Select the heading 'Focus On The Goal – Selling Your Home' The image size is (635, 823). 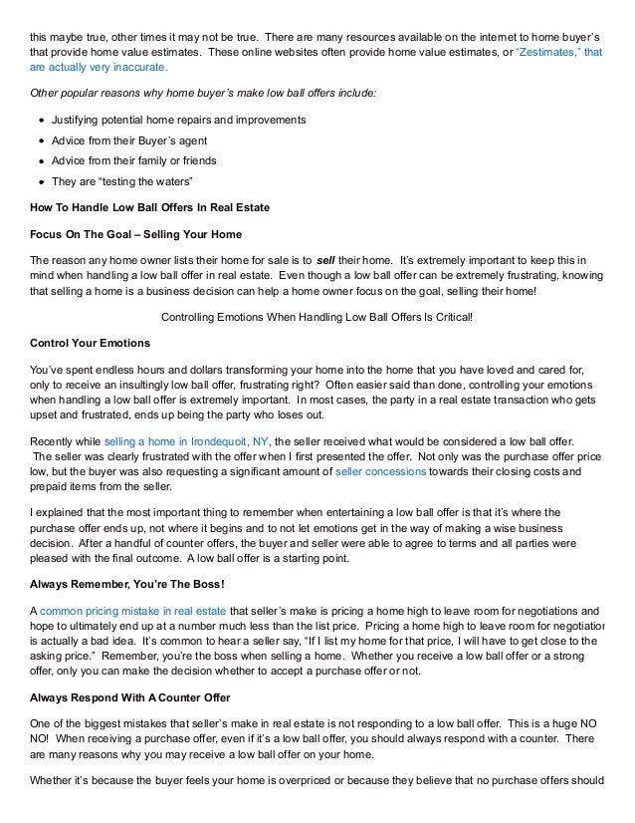point(136,234)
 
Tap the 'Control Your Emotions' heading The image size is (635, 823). point(91,344)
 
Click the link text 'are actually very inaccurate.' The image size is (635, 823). point(99,67)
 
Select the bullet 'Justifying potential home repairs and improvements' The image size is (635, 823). point(178,121)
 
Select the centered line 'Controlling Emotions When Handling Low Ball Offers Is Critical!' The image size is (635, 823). point(317,317)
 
